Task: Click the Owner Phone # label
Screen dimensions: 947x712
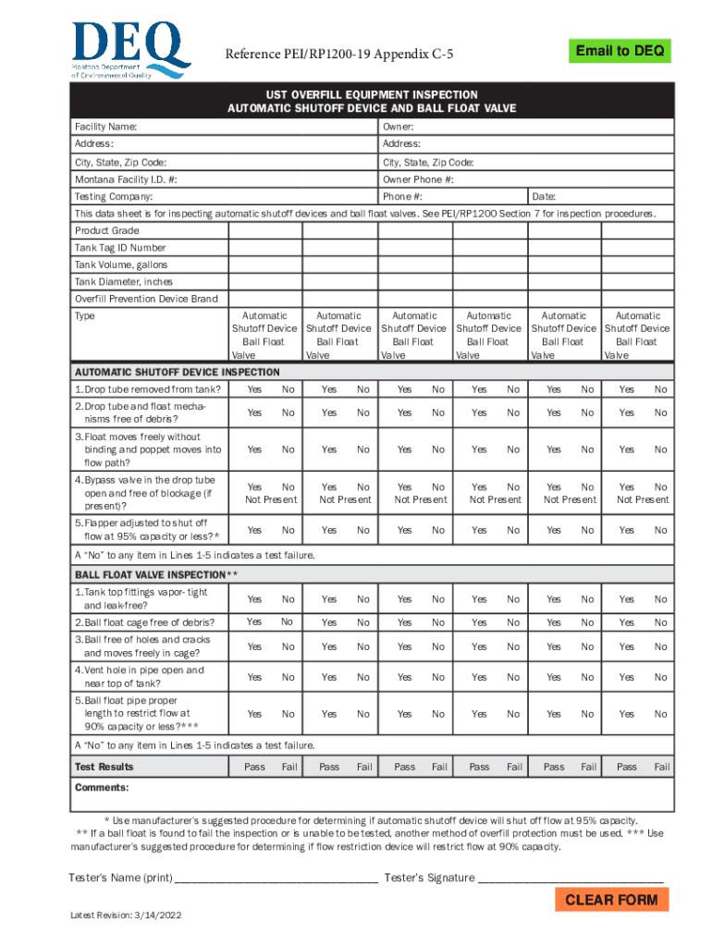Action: click(418, 179)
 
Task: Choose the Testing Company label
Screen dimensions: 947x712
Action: click(114, 197)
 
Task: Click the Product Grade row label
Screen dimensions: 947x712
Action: click(107, 230)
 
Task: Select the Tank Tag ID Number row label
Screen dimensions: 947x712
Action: click(120, 248)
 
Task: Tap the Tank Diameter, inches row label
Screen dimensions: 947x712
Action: click(124, 281)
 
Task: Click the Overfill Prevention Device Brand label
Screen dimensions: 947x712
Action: click(146, 299)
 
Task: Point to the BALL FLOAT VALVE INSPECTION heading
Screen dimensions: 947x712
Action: click(157, 574)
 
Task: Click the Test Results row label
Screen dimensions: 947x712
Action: click(104, 767)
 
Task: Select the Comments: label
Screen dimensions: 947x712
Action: click(102, 788)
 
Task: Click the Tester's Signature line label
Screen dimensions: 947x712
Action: click(429, 878)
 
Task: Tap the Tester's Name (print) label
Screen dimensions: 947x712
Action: click(120, 878)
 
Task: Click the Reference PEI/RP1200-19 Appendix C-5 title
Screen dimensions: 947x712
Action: click(339, 56)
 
